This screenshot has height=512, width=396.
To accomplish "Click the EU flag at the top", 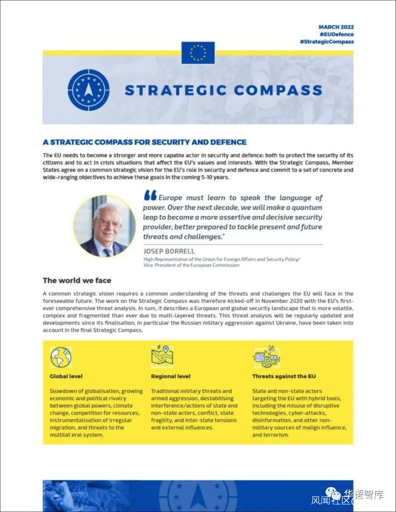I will coord(198,53).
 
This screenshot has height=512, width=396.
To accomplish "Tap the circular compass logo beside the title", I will coord(88,90).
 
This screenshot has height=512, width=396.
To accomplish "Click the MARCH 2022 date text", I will coord(336,27).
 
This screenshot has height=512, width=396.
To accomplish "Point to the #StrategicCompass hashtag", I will coord(327,41).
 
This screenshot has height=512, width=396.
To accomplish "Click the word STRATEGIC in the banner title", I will coord(176,90).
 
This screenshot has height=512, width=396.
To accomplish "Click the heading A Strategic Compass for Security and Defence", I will coord(145,142).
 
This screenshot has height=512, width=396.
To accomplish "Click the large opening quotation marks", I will coord(150,196).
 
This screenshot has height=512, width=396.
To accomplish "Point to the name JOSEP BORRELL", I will coord(169,251).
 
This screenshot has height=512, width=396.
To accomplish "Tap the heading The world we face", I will coord(77,281).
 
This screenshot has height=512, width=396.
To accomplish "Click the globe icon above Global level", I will coord(61,357).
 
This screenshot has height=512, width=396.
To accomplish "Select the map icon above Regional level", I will coord(162,356).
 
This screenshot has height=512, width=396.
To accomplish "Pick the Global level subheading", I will coord(66,376).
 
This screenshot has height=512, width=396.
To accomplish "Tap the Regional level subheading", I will coord(171,376).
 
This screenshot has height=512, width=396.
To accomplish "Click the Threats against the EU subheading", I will coord(284,376).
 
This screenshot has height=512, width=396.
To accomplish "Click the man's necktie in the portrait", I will coord(107,252).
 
